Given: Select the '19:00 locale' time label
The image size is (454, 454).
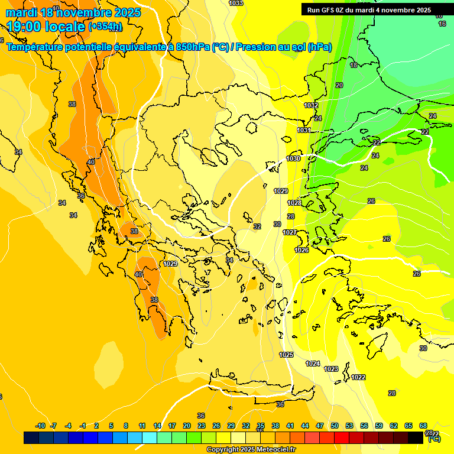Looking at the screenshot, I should point(46,27).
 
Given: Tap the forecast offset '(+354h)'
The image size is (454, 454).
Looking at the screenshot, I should point(106,27).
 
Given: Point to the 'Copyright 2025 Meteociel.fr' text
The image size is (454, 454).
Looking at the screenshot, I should point(251,449).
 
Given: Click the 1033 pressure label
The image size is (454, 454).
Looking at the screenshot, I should point(235,3).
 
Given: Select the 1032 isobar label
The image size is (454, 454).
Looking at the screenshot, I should point(311,105).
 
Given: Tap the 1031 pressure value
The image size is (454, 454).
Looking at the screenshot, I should point(304,130).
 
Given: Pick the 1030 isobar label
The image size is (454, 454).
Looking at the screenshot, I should point(293,158).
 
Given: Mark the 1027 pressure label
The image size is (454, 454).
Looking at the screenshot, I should point(290,232).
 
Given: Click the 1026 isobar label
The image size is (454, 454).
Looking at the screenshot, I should point(301,250).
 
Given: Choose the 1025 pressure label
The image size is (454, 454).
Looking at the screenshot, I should point(286,355).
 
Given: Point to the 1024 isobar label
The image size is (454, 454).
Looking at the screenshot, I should point(313,364).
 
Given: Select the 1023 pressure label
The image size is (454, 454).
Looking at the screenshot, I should point(331,369).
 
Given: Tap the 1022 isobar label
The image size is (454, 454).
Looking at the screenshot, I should point(358,377).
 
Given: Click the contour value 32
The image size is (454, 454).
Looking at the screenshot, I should point(257,226).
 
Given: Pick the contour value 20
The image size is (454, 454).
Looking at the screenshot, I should point(339,85).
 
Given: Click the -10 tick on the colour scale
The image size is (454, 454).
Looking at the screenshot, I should point(41,426).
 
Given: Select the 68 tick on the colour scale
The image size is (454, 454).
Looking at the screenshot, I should point(423,426).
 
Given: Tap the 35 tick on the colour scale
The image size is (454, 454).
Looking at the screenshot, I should point(261,426).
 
